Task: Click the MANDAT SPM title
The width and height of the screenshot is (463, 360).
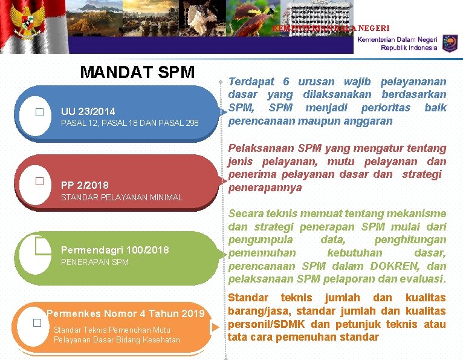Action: (137, 73)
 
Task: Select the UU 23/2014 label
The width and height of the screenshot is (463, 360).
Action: (88, 111)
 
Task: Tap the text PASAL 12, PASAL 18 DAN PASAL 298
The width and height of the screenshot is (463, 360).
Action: (130, 123)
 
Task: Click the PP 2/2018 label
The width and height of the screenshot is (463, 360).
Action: (85, 185)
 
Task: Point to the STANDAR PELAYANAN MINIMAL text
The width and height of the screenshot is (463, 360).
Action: (121, 197)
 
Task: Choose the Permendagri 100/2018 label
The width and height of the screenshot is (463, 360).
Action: (115, 250)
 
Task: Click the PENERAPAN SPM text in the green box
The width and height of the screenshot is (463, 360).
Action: (95, 262)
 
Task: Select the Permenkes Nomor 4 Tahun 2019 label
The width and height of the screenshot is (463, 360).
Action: (126, 313)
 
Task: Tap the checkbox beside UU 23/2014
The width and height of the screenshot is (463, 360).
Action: (40, 112)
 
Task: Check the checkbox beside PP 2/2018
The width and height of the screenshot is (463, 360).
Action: (39, 181)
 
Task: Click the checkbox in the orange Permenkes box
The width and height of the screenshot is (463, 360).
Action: (37, 322)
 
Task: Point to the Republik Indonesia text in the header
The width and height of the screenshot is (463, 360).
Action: (409, 48)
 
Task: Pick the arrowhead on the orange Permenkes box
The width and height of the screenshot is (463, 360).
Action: (216, 327)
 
